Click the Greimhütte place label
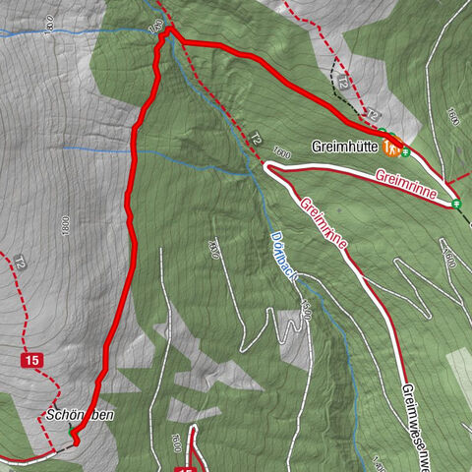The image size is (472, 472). [x=345, y=147]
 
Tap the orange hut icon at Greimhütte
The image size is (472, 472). [x=391, y=148]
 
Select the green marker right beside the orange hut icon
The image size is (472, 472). [x=405, y=151]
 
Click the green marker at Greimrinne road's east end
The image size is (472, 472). [x=456, y=204]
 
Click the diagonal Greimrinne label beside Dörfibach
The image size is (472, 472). [x=324, y=223]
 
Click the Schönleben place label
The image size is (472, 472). [x=79, y=415]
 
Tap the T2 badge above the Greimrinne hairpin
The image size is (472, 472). [x=256, y=139]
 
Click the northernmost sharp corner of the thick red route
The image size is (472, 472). [x=169, y=30]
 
